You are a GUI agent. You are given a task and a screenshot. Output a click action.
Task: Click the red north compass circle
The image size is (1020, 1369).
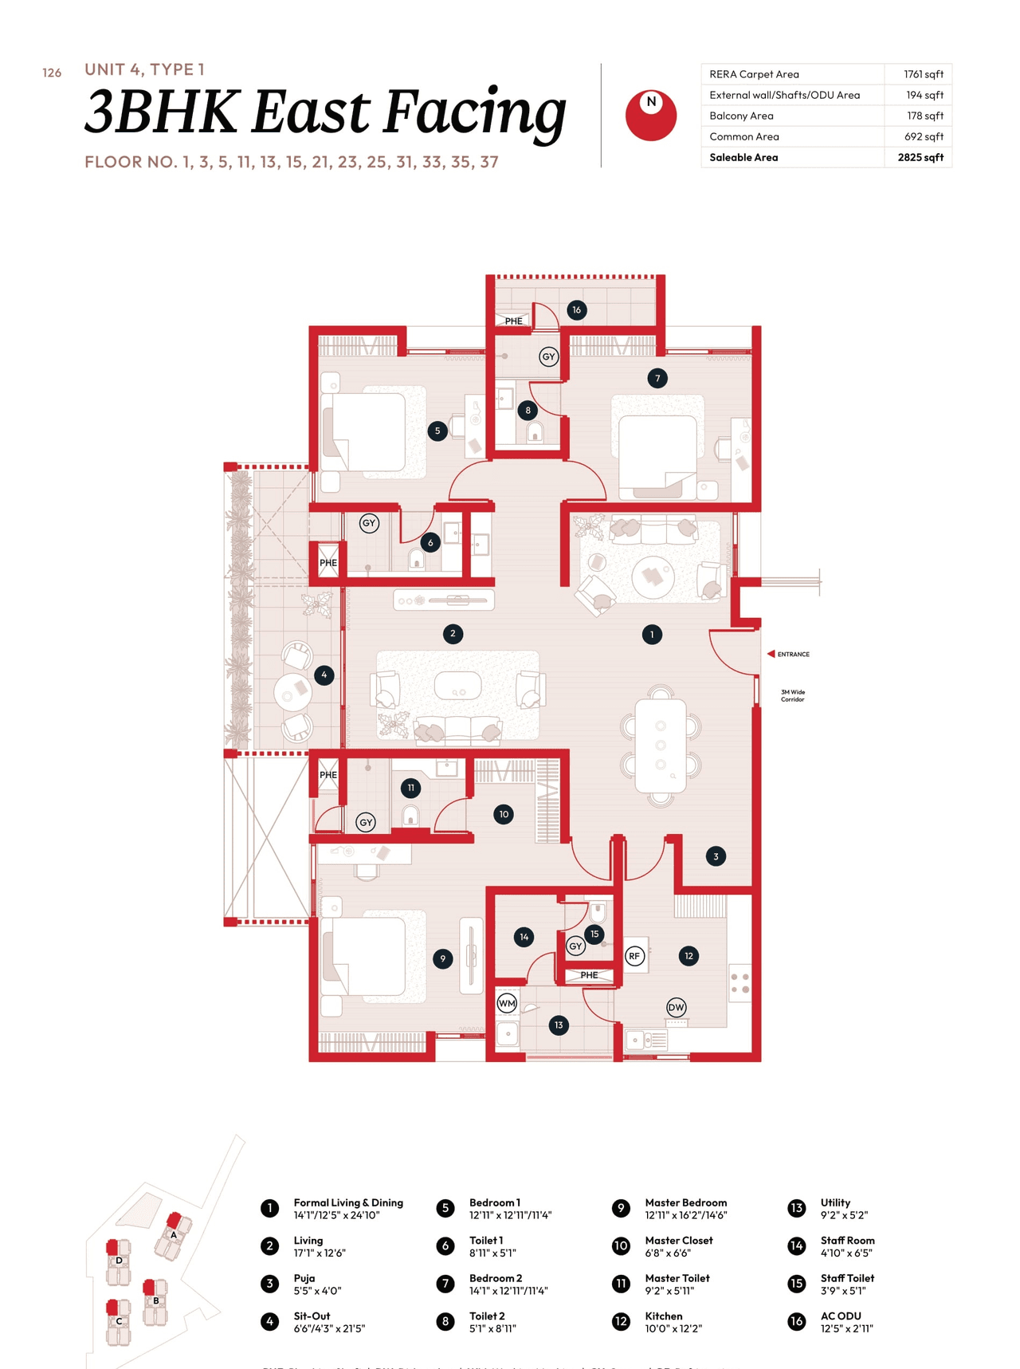click(650, 116)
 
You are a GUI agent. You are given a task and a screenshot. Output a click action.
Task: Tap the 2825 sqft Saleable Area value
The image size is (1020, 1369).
click(920, 157)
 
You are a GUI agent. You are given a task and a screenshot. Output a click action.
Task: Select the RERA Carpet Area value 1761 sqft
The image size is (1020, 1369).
click(923, 74)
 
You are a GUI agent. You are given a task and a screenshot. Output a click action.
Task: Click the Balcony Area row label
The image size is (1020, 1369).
click(741, 116)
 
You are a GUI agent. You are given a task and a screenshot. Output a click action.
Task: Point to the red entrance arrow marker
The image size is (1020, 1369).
click(771, 654)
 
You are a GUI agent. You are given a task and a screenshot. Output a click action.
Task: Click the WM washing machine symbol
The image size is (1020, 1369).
click(507, 1003)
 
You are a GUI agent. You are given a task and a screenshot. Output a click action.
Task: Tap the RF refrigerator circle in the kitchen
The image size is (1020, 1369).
click(634, 956)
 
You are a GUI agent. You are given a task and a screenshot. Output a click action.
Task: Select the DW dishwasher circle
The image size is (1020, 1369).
click(676, 1007)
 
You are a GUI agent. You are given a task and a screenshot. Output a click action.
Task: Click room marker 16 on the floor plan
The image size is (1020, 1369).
click(576, 310)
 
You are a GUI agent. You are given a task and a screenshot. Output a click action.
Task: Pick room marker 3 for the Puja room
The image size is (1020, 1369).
click(716, 856)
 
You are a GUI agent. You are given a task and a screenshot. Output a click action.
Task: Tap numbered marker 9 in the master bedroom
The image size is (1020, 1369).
click(442, 958)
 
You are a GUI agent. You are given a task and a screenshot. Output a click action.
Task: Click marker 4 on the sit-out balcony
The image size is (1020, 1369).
click(324, 675)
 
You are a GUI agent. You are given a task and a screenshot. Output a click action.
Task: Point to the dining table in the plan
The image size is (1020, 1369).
click(660, 745)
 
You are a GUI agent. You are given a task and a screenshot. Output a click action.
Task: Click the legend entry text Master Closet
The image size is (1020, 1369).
click(678, 1241)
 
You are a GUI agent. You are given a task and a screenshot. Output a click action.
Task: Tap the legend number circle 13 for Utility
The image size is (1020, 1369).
click(796, 1208)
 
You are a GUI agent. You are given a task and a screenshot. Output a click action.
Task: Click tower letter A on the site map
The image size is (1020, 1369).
click(173, 1234)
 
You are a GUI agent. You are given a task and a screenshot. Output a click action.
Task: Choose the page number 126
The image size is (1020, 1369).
click(52, 73)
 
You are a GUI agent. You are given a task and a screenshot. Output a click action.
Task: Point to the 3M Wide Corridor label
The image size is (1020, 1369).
click(792, 695)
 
